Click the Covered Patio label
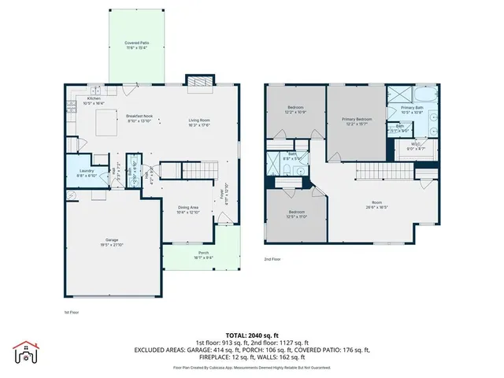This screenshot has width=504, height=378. tap(137, 45)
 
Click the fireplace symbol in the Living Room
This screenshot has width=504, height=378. tap(198, 81)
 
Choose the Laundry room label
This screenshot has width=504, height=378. tap(87, 173)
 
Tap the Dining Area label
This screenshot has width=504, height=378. tap(188, 209)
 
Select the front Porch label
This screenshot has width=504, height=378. tap(203, 255)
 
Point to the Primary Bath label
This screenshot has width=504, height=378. tap(412, 109)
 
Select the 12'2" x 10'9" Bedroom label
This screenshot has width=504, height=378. tap(295, 109)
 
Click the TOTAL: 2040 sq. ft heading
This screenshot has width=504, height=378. tap(251, 334)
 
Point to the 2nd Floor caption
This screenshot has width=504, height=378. tap(272, 259)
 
